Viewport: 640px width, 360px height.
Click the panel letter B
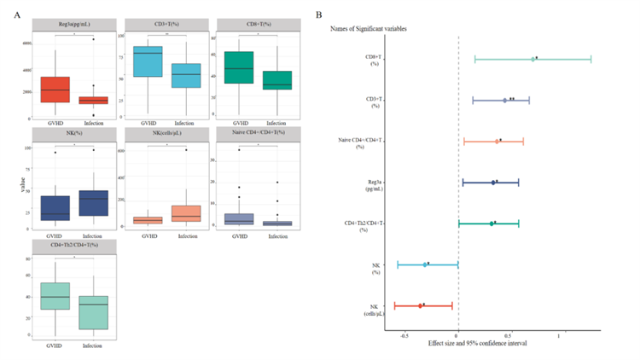318,14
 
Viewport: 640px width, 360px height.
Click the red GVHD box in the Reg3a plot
55,90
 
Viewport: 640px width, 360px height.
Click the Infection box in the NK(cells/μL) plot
186,213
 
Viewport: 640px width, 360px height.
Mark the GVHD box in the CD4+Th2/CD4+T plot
55,296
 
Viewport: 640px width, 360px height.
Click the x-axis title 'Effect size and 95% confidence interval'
477,343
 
